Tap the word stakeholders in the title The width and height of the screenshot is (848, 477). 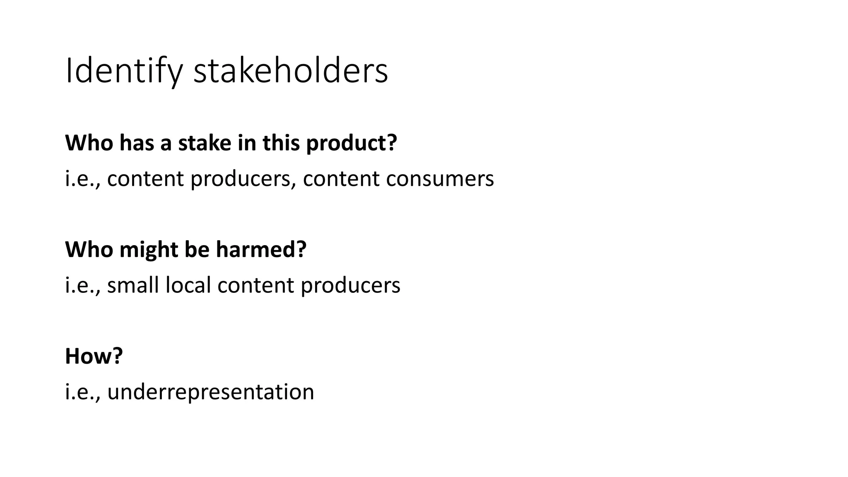pyautogui.click(x=291, y=71)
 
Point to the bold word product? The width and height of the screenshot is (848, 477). pyautogui.click(x=352, y=143)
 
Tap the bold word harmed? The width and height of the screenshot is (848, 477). pyautogui.click(x=261, y=249)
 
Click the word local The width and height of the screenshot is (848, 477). pyautogui.click(x=188, y=285)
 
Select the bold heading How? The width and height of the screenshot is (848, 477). pyautogui.click(x=94, y=356)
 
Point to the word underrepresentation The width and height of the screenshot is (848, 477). pyautogui.click(x=211, y=392)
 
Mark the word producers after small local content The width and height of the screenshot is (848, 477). pyautogui.click(x=350, y=285)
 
